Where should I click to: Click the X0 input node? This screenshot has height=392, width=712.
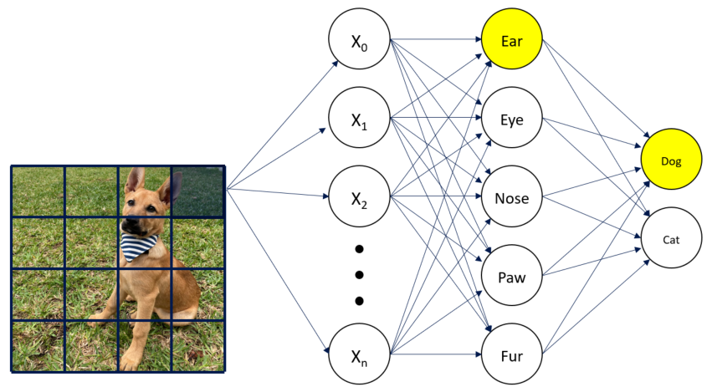tap(360, 41)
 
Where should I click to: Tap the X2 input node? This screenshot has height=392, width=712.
tap(360, 198)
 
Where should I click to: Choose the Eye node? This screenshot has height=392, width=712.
tap(512, 120)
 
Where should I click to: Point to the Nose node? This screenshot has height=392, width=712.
tap(512, 198)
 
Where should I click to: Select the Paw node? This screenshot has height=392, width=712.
tap(512, 277)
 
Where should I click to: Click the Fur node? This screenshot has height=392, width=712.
tap(512, 355)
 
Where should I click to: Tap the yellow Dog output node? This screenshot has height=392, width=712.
tap(672, 160)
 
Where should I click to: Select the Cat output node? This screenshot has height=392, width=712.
tap(672, 239)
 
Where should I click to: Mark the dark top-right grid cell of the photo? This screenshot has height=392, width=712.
tap(198, 191)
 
